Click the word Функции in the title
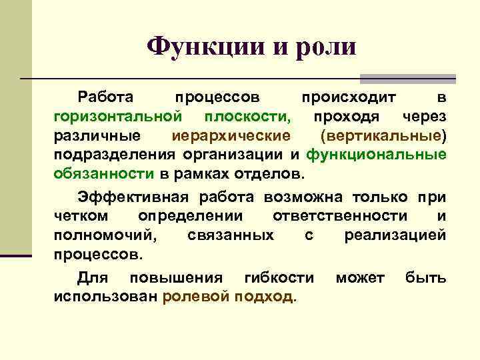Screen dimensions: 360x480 pyautogui.click(x=197, y=46)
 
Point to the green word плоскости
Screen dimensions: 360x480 pyautogui.click(x=248, y=117)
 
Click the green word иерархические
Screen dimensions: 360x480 pyautogui.click(x=231, y=136)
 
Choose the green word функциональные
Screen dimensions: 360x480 pyautogui.click(x=377, y=155)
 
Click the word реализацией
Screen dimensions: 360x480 pyautogui.click(x=395, y=235)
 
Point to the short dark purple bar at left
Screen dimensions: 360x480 pyautogui.click(x=16, y=255)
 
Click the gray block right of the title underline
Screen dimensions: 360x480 pyautogui.click(x=407, y=78)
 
